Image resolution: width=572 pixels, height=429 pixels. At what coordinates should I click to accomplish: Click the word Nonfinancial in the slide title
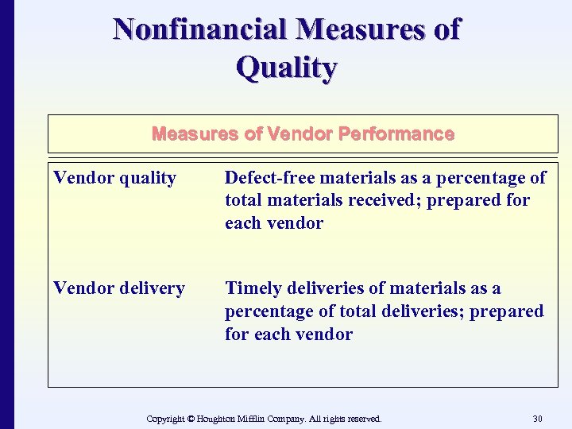pos(200,29)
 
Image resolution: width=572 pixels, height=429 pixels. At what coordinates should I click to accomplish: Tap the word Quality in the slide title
pos(286,68)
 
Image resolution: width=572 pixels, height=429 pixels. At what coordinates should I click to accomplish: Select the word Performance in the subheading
pos(396,133)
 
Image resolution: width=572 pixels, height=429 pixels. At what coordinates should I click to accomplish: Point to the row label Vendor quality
pos(114,178)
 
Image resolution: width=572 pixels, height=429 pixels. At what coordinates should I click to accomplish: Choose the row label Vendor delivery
pos(119,288)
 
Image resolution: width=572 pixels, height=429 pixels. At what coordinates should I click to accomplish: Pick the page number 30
pos(537,418)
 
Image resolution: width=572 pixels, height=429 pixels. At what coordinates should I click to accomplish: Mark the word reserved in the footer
pos(363,418)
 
